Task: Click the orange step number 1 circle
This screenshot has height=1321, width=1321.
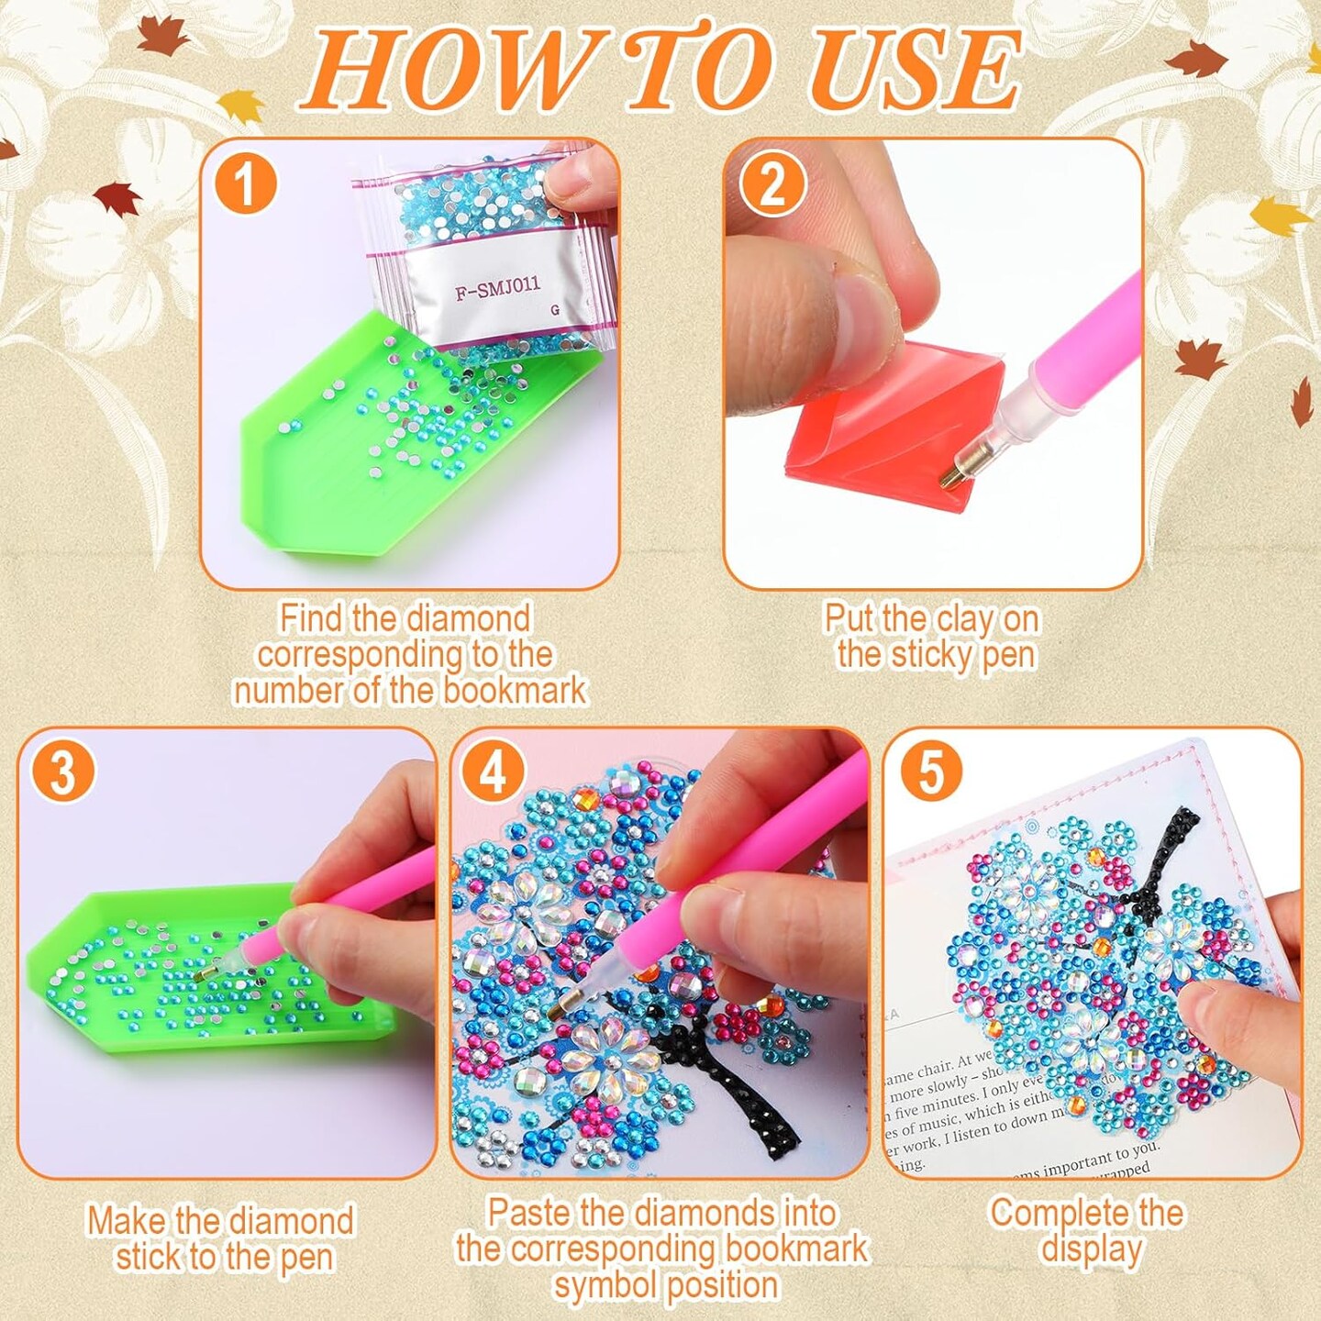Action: click(245, 183)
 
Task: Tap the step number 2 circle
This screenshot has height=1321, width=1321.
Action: click(772, 183)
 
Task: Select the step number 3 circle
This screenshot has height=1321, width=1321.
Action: click(62, 771)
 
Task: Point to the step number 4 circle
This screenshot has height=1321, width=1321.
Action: click(494, 771)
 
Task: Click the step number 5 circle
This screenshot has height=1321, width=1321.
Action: click(930, 771)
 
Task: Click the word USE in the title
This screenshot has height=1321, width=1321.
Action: click(915, 70)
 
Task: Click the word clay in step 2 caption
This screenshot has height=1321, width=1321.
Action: click(959, 620)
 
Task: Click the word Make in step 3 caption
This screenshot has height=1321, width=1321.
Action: click(127, 1221)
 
